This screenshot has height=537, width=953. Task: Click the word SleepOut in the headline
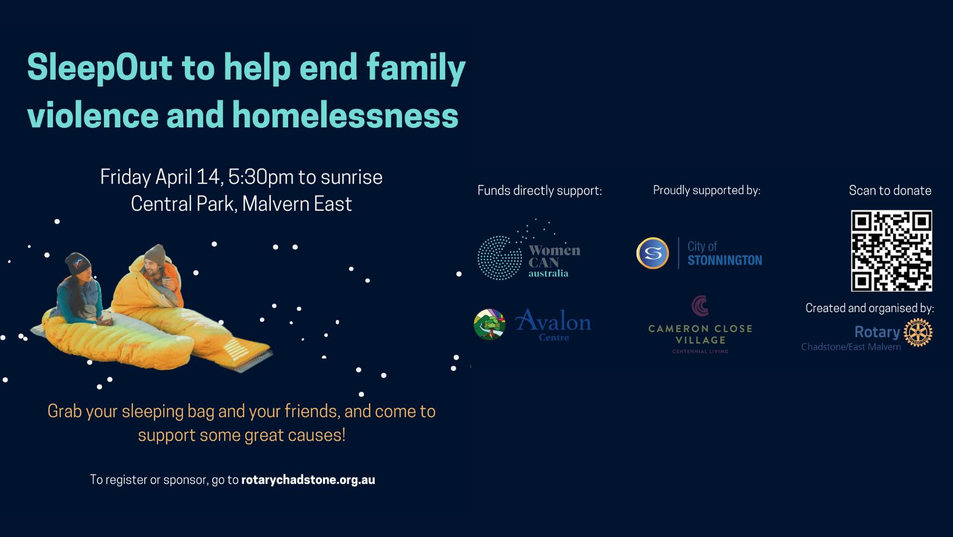pos(99,68)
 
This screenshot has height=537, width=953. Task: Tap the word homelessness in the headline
pos(345,115)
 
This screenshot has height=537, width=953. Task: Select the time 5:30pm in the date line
pos(261,177)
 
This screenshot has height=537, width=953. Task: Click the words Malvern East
pos(297,204)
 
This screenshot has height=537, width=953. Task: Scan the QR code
pos(891,250)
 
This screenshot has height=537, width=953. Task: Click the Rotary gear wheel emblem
pos(918,332)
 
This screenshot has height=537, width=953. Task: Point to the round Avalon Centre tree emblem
pos(490,325)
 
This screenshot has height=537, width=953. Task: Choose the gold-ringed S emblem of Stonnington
pos(653,253)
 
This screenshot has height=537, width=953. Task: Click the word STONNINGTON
pos(725,260)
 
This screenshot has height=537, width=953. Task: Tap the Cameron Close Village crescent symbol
pos(699,306)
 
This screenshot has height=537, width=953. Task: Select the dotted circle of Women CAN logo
pos(499,258)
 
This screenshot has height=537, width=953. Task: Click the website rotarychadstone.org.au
pos(308,480)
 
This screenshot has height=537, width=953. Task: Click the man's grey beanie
pos(155,255)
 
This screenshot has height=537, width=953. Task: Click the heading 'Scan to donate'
pos(890,190)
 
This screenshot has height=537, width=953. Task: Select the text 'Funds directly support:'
pos(539,191)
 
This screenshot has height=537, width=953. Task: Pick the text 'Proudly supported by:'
pos(707,190)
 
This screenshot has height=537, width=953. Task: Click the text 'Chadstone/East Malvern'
pos(851,347)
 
